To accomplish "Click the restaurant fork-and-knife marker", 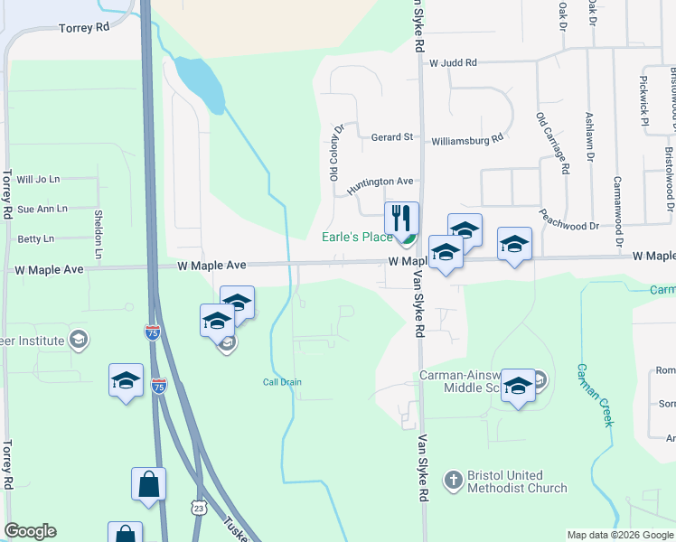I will (401, 218).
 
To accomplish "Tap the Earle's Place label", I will (359, 238).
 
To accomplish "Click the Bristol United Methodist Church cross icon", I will (452, 482).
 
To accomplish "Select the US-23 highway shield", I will (200, 509).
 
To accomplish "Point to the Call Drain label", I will (282, 382).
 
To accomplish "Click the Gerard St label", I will (392, 137).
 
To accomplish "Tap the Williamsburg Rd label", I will (466, 140).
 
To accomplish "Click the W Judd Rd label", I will (453, 63).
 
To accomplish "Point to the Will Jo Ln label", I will (38, 181).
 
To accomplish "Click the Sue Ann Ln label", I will (42, 209).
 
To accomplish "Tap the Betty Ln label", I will (35, 239).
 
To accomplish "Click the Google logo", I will (30, 531).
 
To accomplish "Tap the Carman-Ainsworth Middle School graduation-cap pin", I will (518, 386).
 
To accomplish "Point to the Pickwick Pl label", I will (643, 100).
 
